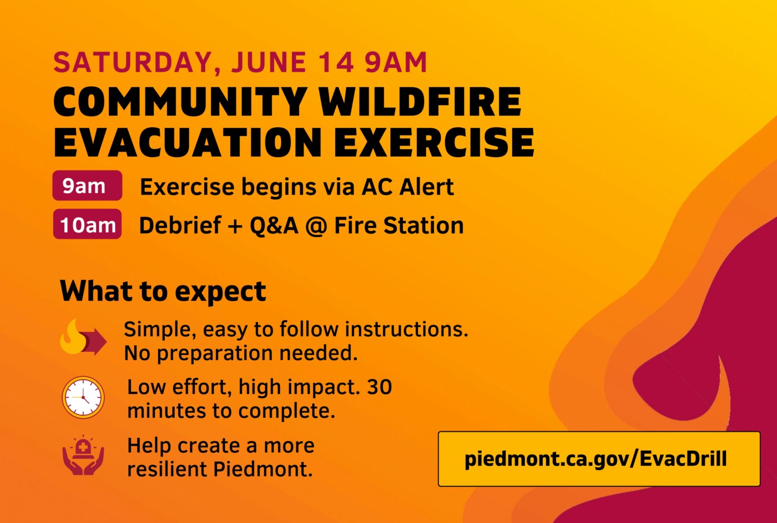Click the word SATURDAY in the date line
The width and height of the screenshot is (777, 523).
tap(133, 63)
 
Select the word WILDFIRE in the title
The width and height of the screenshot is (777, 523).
tap(420, 101)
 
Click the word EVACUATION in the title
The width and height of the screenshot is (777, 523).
tap(188, 142)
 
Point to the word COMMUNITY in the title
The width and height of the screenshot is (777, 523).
tap(180, 101)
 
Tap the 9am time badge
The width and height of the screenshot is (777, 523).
tap(87, 186)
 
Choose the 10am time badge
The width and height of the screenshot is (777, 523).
tap(87, 224)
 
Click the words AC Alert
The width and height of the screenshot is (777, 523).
tap(407, 187)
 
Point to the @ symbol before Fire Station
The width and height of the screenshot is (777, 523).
tap(316, 226)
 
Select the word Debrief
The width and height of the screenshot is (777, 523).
tap(180, 225)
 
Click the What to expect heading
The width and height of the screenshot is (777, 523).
tap(163, 291)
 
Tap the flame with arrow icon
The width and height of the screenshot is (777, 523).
tap(83, 337)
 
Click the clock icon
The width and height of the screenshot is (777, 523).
tap(83, 397)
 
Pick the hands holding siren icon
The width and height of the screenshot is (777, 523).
tap(83, 455)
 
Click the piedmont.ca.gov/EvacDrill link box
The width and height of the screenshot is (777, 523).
tap(599, 459)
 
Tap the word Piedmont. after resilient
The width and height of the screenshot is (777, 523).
tap(263, 469)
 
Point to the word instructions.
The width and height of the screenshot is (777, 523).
tap(406, 329)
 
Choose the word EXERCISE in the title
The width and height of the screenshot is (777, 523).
tap(434, 142)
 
